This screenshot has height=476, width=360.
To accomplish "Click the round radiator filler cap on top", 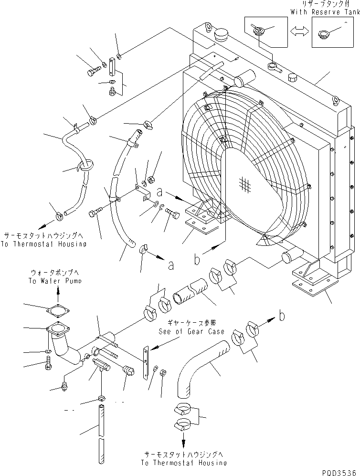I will point(222,35).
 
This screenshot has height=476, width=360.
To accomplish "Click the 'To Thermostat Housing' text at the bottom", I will point(184,463).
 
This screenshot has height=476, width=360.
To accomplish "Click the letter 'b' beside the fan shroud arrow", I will point(197,259).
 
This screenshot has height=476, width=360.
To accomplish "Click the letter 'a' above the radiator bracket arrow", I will point(160,192).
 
